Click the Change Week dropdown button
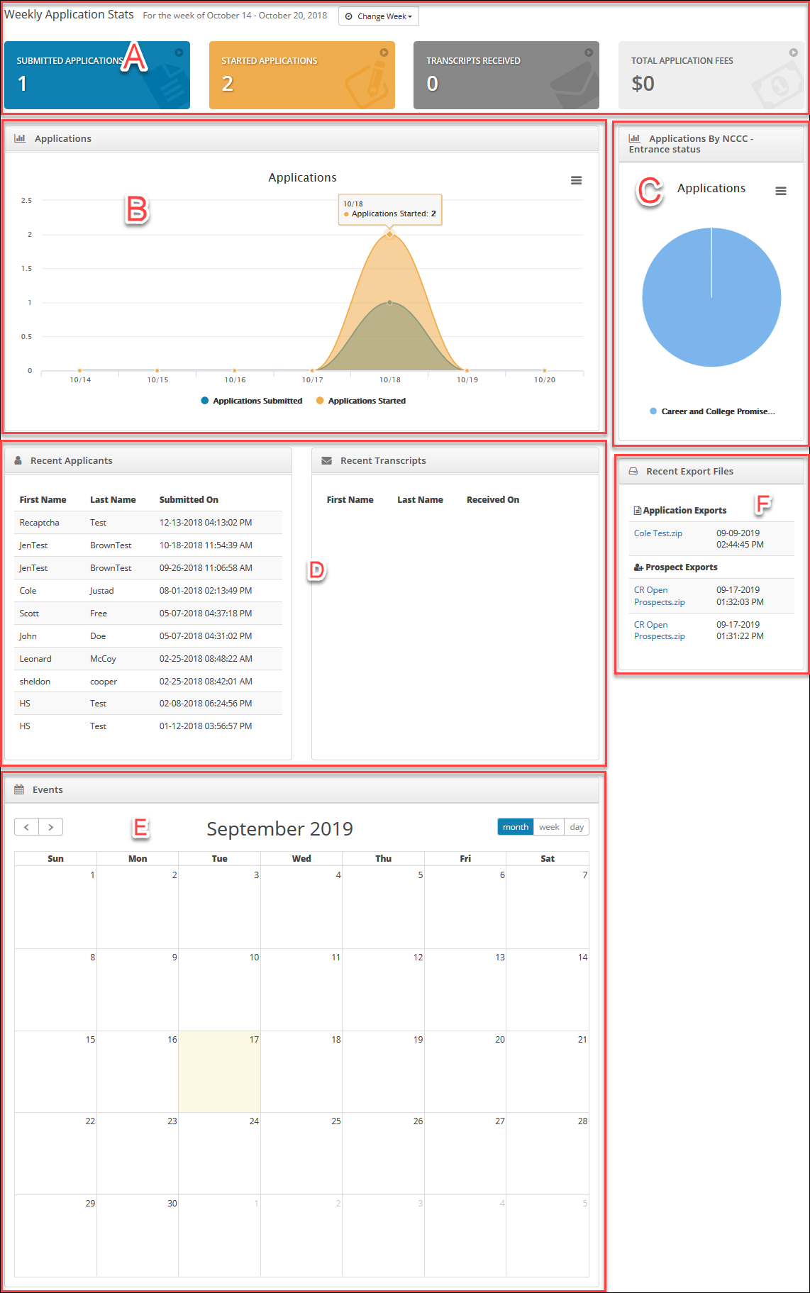point(379,16)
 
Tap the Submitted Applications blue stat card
point(97,75)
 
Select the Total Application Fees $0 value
point(643,84)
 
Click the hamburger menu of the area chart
point(576,181)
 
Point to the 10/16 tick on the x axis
point(235,380)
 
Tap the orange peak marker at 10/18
point(389,234)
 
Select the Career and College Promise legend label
point(717,411)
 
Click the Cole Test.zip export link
point(658,533)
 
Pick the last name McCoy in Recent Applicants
point(103,659)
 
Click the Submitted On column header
point(189,500)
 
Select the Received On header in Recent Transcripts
point(492,500)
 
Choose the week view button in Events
point(549,827)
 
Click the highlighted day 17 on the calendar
point(219,1071)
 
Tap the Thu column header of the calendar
point(383,859)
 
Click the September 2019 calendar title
point(279,828)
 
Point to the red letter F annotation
point(763,504)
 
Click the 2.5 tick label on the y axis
point(26,201)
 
